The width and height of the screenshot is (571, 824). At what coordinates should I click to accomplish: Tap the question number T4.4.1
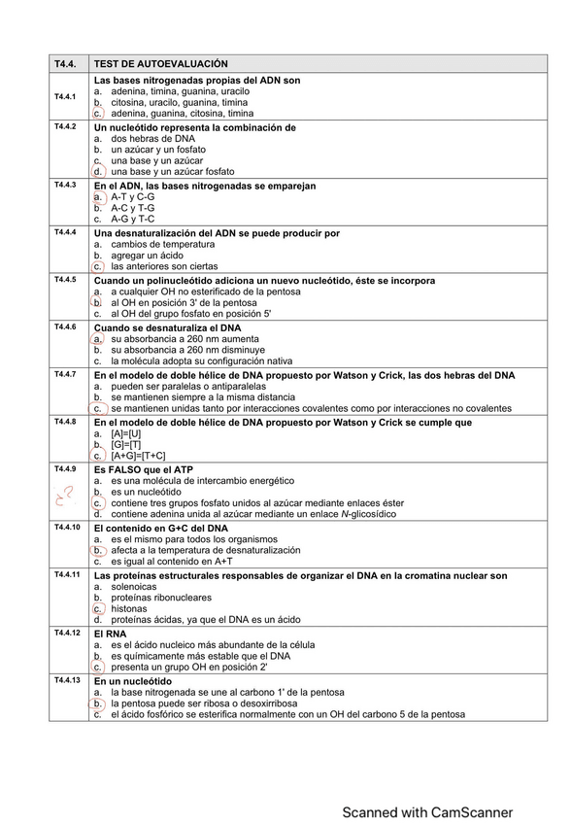pyautogui.click(x=65, y=97)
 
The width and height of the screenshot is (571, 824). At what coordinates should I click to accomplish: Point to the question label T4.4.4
pyautogui.click(x=65, y=232)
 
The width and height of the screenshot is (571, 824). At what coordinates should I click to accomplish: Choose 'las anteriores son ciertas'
pyautogui.click(x=164, y=266)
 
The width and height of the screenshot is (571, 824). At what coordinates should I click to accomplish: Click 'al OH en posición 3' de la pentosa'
pyautogui.click(x=184, y=302)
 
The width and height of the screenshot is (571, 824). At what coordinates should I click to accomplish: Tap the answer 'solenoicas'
pyautogui.click(x=133, y=586)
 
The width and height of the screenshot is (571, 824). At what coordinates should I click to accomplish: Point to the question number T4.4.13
pyautogui.click(x=67, y=679)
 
